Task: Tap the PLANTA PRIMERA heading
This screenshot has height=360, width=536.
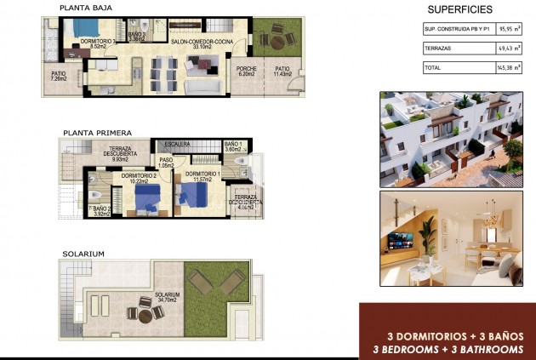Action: click(96, 133)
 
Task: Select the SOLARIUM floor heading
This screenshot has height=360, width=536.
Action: click(83, 254)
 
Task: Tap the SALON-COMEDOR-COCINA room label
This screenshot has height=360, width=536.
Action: click(202, 43)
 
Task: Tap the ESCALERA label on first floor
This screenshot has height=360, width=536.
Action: click(177, 145)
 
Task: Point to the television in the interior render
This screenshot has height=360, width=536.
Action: click(399, 237)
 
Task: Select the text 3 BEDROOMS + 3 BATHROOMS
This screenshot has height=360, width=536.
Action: click(448, 349)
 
